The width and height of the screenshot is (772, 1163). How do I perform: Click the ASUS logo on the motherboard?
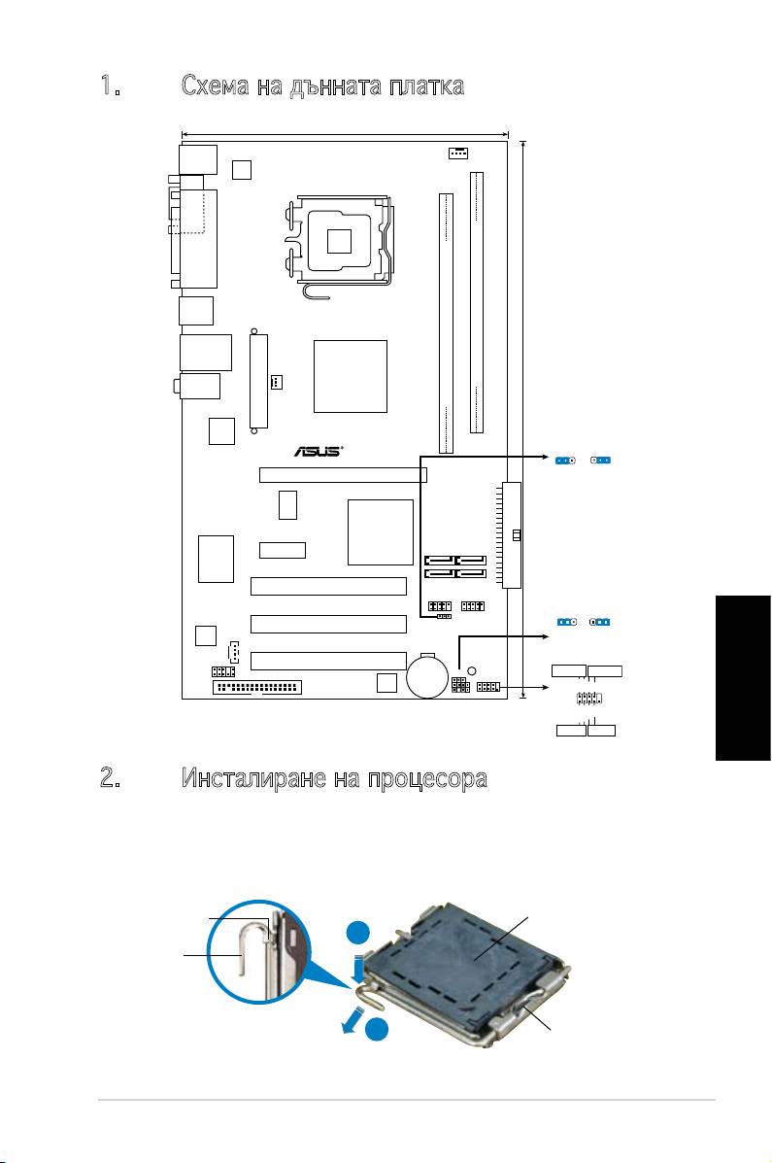(x=318, y=451)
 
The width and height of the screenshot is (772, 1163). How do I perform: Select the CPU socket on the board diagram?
(x=339, y=239)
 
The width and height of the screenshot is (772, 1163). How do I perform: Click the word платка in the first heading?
(x=425, y=87)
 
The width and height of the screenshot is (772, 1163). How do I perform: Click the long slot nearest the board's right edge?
(x=477, y=302)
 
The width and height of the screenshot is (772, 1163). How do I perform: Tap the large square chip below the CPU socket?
(x=351, y=376)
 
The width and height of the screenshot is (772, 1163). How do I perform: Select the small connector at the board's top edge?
(x=458, y=154)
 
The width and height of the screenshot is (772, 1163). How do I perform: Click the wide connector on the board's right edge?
(x=512, y=534)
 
